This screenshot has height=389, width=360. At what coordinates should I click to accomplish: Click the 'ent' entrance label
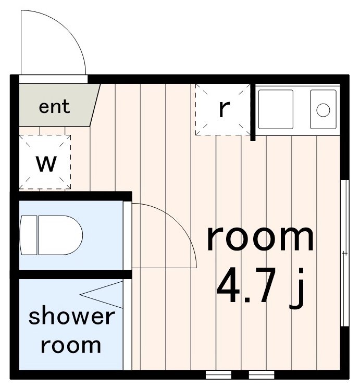tap(54, 107)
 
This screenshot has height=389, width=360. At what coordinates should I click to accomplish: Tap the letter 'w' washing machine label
tap(46, 164)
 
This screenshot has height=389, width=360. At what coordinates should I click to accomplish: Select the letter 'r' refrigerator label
tap(224, 109)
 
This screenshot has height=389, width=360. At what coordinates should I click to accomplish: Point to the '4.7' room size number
tap(247, 285)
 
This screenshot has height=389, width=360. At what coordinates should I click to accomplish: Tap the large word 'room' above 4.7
tap(260, 239)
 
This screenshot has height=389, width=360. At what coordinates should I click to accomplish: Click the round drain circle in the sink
tap(323, 110)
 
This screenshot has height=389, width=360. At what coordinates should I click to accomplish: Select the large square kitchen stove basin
tap(276, 109)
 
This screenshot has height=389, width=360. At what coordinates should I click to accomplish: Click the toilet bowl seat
tap(60, 235)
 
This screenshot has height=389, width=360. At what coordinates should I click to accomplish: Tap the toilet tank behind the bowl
tap(28, 235)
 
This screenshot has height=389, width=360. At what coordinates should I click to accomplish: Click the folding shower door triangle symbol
tap(102, 295)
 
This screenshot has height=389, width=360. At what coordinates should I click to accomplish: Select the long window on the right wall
tap(344, 253)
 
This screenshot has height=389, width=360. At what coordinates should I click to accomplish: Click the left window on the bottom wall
tap(218, 374)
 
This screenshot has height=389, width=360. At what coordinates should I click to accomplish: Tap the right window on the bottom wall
tap(262, 374)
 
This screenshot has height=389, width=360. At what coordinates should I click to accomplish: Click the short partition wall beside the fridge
tap(253, 112)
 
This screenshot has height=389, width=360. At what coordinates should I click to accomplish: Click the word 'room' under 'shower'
tap(71, 346)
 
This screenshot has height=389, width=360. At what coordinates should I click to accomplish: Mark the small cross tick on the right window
tap(344, 253)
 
